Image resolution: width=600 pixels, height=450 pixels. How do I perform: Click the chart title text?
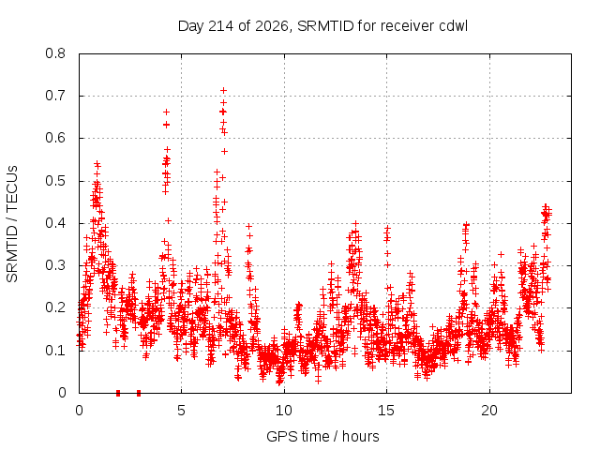tap(322, 26)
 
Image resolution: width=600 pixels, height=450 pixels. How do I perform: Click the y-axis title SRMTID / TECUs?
tap(12, 224)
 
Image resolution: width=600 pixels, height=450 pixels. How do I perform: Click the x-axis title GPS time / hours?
tap(322, 436)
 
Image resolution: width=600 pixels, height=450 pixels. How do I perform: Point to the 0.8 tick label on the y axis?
tap(55, 53)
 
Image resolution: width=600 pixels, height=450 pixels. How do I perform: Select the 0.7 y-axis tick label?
tap(55, 96)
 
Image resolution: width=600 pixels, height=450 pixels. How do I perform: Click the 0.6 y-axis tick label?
tap(55, 138)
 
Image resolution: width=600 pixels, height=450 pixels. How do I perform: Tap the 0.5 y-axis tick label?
tap(55, 181)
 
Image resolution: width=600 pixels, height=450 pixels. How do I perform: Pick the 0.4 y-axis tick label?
tap(55, 223)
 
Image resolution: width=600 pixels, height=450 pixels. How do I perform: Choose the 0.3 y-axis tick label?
tap(55, 265)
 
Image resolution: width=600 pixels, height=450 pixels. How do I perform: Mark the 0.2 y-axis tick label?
tap(55, 307)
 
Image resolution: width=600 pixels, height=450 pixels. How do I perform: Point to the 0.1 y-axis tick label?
tap(55, 351)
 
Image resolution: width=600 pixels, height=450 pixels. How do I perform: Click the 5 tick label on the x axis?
tap(181, 411)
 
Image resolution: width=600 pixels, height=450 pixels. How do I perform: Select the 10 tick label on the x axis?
tap(284, 411)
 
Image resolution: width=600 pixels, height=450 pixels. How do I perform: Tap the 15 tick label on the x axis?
tap(386, 411)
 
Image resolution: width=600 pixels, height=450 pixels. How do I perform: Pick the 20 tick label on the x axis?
tap(489, 411)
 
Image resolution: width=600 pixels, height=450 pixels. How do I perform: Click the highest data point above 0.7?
tap(223, 90)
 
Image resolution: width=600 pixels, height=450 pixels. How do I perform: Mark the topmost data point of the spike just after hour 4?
tap(166, 112)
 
